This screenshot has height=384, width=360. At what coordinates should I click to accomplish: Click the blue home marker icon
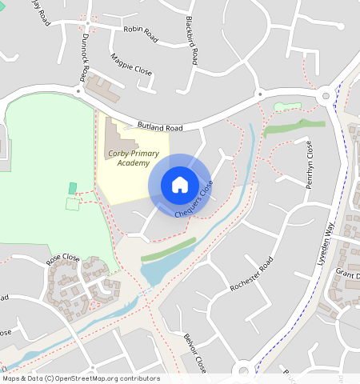tap(179, 185)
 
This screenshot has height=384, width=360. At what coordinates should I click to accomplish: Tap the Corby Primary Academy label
tap(128, 158)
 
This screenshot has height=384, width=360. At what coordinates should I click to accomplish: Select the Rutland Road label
tap(160, 128)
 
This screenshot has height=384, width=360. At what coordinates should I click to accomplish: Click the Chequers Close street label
tap(194, 200)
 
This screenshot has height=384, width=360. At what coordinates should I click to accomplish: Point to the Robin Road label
tap(138, 30)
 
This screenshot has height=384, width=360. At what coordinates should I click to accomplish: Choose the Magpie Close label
tap(131, 65)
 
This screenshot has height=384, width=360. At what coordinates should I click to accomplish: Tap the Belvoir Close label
tap(195, 353)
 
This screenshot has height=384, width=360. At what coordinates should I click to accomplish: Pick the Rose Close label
tap(63, 258)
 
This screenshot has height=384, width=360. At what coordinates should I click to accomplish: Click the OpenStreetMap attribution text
tap(81, 378)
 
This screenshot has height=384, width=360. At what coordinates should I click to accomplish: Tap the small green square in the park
tap(73, 188)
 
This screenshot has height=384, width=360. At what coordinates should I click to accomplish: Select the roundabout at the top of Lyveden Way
tap(326, 97)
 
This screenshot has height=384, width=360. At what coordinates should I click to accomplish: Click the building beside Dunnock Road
tap(102, 88)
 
